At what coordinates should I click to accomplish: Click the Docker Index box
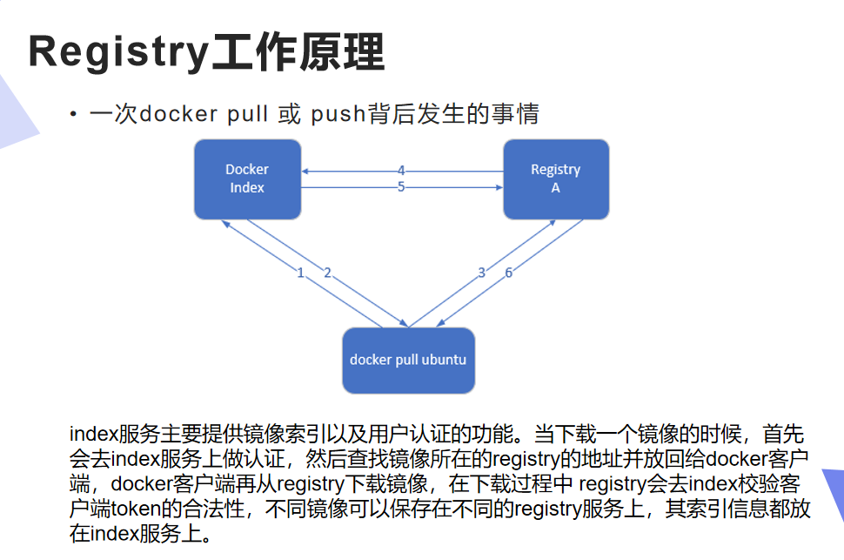tap(247, 179)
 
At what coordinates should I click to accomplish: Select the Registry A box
tap(556, 179)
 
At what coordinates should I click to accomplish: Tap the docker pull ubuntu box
tap(409, 361)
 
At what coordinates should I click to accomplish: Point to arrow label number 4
tap(401, 171)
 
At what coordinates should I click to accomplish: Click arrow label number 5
tap(401, 187)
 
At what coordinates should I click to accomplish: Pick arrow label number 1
tap(300, 273)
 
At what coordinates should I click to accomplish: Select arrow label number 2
tap(327, 273)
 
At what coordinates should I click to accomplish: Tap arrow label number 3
tap(482, 273)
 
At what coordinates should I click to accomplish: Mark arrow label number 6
tap(508, 273)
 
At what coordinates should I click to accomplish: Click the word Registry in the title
tap(118, 53)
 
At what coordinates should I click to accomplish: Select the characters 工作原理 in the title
tap(298, 52)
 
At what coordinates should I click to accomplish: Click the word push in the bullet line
tap(338, 114)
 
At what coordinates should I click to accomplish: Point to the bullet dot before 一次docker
tap(73, 114)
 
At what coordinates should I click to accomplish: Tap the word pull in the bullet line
tap(247, 114)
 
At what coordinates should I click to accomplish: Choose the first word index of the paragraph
tap(93, 434)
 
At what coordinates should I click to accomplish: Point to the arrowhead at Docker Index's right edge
tap(305, 172)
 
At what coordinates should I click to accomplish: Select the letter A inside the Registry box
tap(555, 187)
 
